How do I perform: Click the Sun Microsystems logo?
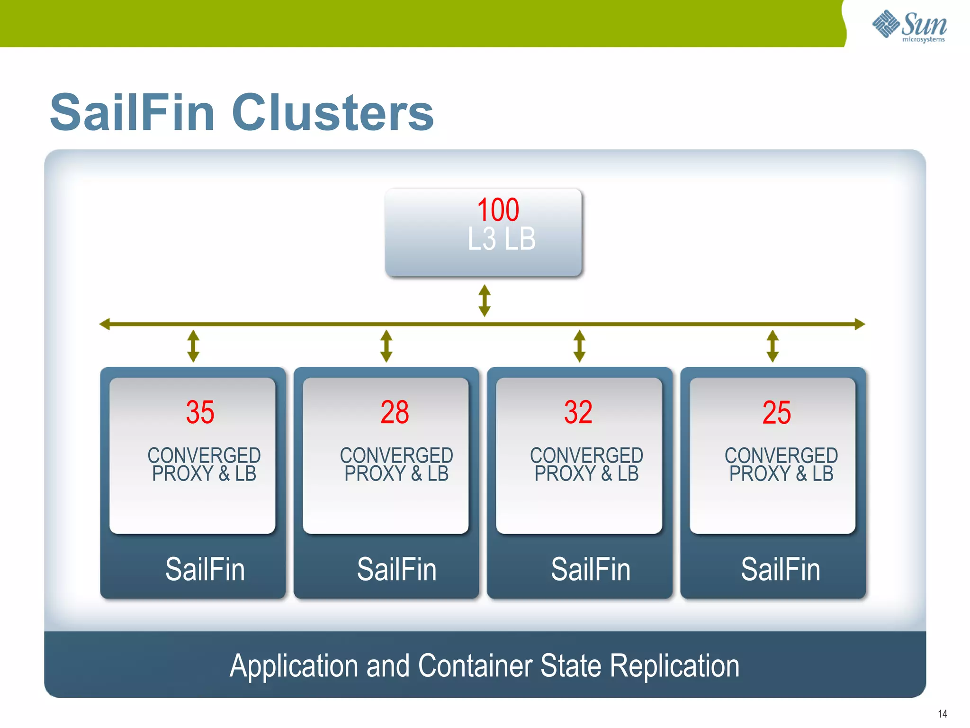pyautogui.click(x=909, y=26)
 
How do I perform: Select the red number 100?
pyautogui.click(x=498, y=209)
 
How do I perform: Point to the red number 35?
pyautogui.click(x=200, y=412)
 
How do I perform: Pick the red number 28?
pyautogui.click(x=395, y=412)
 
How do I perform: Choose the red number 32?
pyautogui.click(x=578, y=412)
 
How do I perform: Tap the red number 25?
pyautogui.click(x=776, y=412)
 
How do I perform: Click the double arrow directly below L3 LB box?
pyautogui.click(x=484, y=300)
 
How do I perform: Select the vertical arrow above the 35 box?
pyautogui.click(x=193, y=346)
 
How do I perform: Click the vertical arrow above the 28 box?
pyautogui.click(x=386, y=346)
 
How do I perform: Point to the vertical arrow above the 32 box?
pyautogui.click(x=579, y=346)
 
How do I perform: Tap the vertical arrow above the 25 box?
pyautogui.click(x=772, y=346)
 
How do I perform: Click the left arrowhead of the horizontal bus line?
pyautogui.click(x=105, y=324)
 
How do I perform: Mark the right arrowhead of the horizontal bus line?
pyautogui.click(x=860, y=324)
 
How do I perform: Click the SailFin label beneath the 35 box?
pyautogui.click(x=205, y=569)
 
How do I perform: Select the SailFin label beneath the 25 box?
pyautogui.click(x=780, y=569)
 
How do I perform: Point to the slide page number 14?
pyautogui.click(x=942, y=714)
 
